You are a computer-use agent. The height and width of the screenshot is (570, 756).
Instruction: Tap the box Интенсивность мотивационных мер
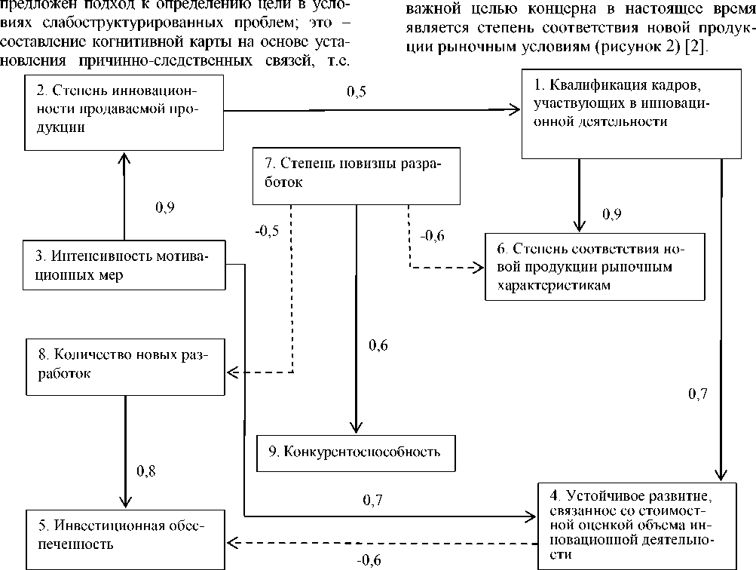tap(124, 266)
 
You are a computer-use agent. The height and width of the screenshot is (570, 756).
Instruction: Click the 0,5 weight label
tap(356, 92)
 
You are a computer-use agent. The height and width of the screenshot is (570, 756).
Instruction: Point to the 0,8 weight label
tap(146, 471)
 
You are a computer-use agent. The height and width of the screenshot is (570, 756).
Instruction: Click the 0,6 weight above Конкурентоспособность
tap(378, 346)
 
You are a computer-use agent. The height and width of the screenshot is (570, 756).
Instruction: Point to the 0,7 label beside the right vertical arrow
tap(699, 393)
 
